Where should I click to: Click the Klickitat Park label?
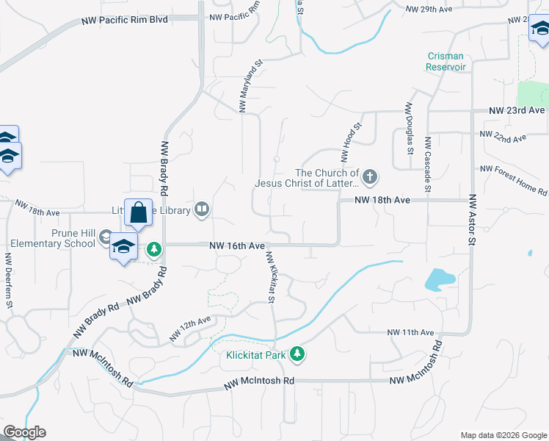255,354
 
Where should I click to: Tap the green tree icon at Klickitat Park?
297,354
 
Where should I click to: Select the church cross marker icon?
370,176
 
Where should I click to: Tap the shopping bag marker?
138,213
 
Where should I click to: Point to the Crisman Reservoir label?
446,62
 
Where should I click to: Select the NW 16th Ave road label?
236,245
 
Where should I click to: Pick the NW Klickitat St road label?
271,278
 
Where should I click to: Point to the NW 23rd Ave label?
517,110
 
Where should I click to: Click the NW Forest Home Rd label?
514,180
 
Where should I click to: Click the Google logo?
24,432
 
